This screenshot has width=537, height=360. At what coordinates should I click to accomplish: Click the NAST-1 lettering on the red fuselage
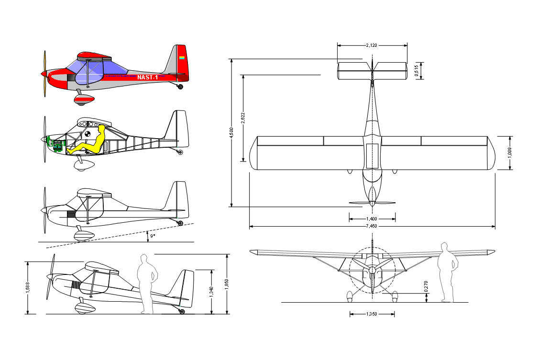[148, 77]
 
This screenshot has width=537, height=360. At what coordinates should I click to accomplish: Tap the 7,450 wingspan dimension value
[372, 226]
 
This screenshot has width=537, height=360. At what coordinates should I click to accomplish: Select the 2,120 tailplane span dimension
[372, 45]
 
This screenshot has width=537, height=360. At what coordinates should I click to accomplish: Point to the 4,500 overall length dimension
[231, 132]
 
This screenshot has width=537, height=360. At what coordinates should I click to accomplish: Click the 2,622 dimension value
[243, 118]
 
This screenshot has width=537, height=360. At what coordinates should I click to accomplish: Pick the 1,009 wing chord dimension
[510, 153]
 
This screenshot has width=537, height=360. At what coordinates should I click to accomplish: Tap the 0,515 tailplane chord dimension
[416, 71]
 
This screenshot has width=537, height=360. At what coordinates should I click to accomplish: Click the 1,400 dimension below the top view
[372, 219]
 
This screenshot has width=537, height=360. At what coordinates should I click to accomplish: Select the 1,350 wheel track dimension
[372, 314]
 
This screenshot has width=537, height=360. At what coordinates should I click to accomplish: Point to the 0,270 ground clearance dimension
[426, 286]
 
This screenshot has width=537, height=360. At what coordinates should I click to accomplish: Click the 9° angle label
[153, 236]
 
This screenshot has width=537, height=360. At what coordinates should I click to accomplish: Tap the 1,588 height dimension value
[28, 287]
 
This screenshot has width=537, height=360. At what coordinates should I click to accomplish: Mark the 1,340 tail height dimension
[211, 292]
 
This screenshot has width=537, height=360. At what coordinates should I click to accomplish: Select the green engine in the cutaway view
[55, 144]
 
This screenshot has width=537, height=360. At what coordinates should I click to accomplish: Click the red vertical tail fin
[182, 64]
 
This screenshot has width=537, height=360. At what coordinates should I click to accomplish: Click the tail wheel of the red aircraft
[180, 87]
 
